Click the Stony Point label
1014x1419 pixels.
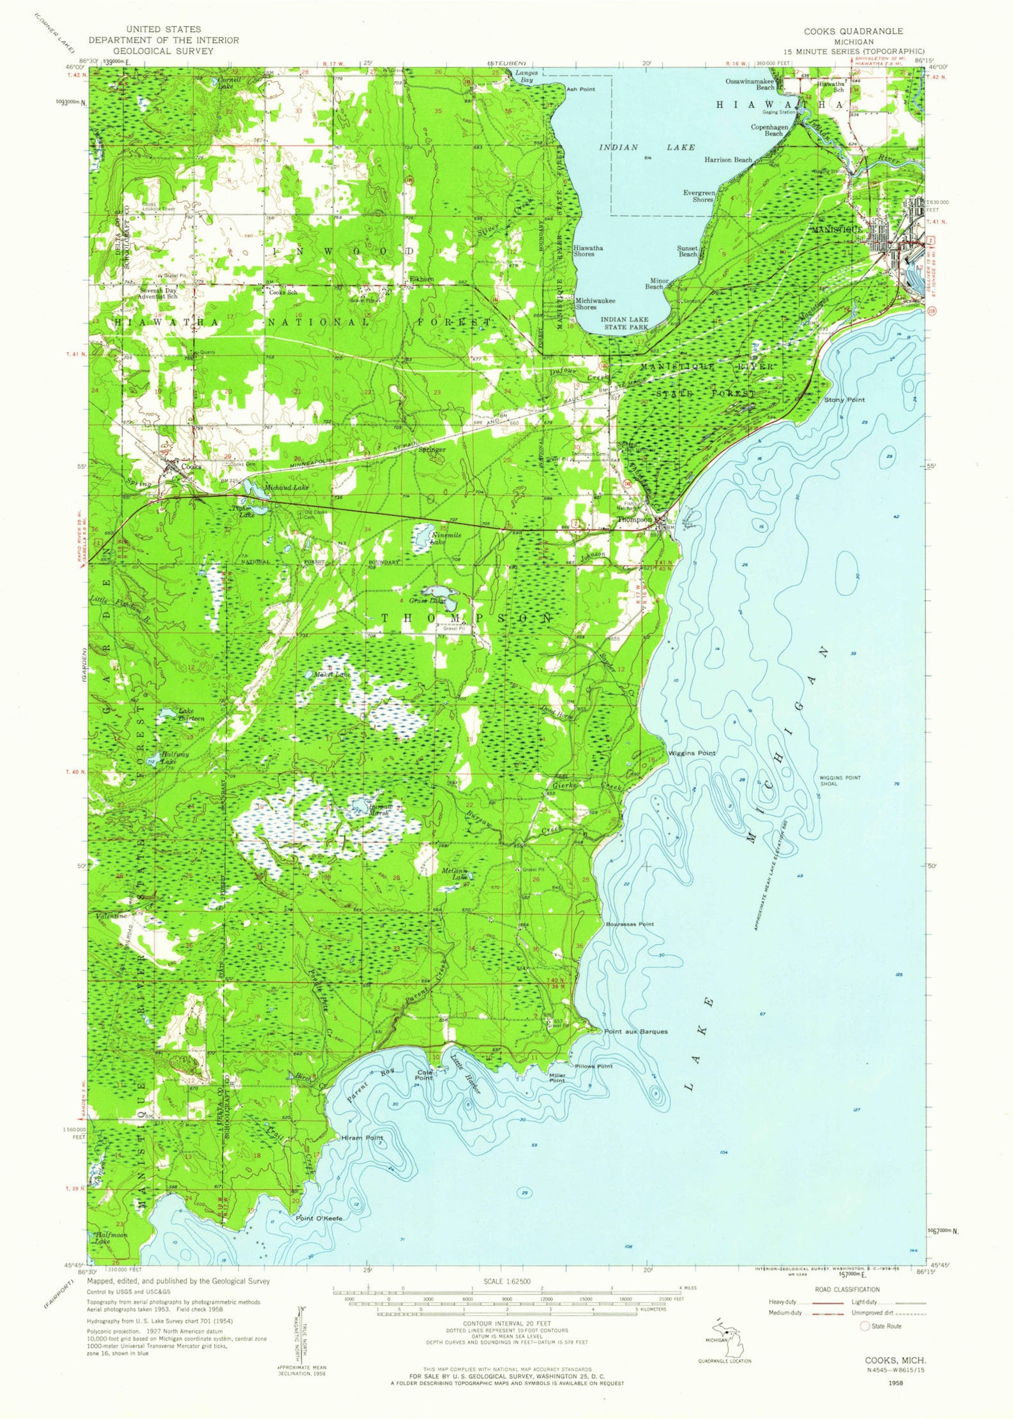844,400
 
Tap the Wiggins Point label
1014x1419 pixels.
692,753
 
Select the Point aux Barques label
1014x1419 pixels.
635,1032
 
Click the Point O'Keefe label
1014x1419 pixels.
319,1219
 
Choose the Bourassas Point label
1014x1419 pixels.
630,924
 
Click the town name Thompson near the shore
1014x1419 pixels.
634,520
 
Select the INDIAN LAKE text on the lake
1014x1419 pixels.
646,147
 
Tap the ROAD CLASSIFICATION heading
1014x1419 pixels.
847,1289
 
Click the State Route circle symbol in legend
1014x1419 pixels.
865,1326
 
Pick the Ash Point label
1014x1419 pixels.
580,89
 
